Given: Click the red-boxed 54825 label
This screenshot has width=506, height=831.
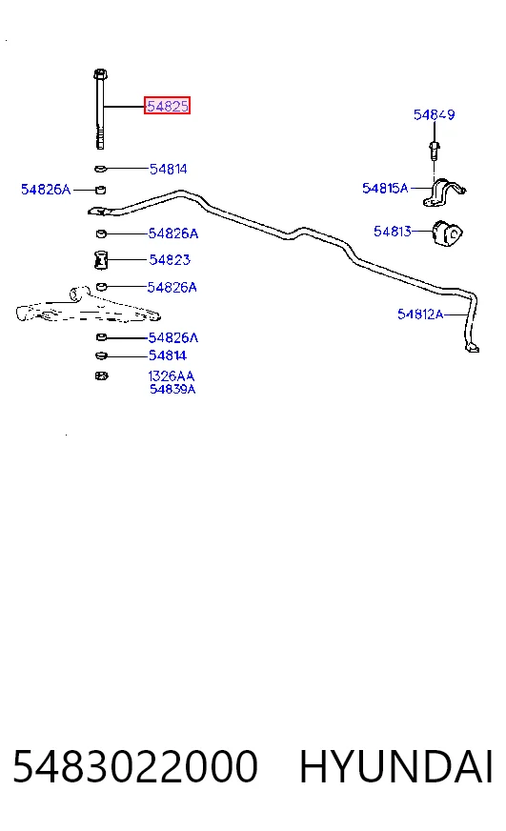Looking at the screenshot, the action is pyautogui.click(x=167, y=106).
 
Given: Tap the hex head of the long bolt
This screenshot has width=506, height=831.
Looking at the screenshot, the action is pyautogui.click(x=101, y=73).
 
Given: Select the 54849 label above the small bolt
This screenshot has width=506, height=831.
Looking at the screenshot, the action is pyautogui.click(x=434, y=114).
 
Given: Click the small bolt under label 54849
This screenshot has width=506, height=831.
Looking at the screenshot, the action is pyautogui.click(x=434, y=150).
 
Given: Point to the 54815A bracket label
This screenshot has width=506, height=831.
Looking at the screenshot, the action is pyautogui.click(x=385, y=188).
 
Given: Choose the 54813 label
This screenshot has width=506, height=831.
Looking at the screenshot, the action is pyautogui.click(x=393, y=231).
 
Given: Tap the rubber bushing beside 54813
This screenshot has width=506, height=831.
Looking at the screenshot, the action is pyautogui.click(x=447, y=233).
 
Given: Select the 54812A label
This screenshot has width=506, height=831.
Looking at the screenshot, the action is pyautogui.click(x=420, y=314).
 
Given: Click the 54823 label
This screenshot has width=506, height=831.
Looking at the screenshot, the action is pyautogui.click(x=170, y=259).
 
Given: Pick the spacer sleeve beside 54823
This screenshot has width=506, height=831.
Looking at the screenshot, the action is pyautogui.click(x=100, y=259).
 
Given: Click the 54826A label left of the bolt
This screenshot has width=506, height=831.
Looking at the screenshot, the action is pyautogui.click(x=46, y=190).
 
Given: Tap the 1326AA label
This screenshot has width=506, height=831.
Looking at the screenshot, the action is pyautogui.click(x=172, y=376).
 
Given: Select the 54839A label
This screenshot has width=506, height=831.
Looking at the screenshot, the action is pyautogui.click(x=172, y=389).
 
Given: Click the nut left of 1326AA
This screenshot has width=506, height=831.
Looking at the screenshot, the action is pyautogui.click(x=101, y=375).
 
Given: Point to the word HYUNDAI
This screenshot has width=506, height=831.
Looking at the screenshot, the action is pyautogui.click(x=396, y=766).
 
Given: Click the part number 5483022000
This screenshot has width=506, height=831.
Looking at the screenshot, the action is pyautogui.click(x=135, y=766).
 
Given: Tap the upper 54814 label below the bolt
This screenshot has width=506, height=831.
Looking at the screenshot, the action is pyautogui.click(x=168, y=169).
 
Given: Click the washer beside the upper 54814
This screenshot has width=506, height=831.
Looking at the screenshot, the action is pyautogui.click(x=101, y=169).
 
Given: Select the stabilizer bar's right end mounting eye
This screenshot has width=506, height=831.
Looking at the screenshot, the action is pyautogui.click(x=473, y=348).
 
